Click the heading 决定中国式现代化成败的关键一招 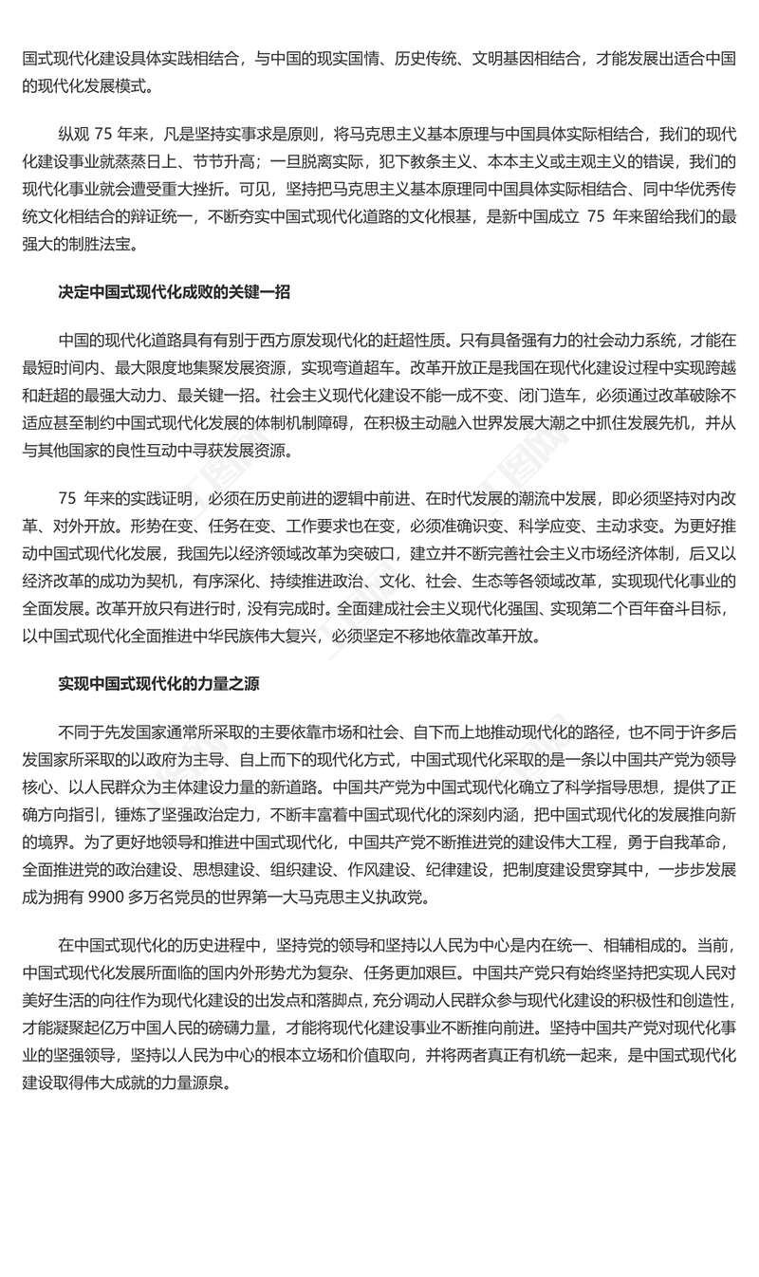(x=174, y=292)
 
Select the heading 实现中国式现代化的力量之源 (x=160, y=684)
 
